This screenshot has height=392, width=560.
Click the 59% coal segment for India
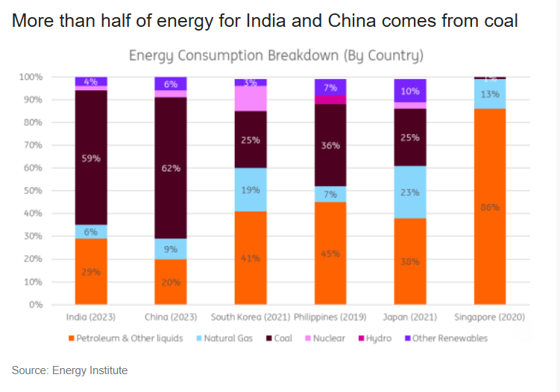pos(91,157)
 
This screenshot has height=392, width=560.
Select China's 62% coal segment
pos(170,168)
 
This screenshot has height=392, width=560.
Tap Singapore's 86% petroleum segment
pos(489,206)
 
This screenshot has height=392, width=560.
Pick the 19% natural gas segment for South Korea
pos(251,190)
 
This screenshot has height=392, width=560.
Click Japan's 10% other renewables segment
pos(410,90)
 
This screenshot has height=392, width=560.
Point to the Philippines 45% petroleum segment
pos(330,253)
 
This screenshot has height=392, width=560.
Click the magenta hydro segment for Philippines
pos(330,100)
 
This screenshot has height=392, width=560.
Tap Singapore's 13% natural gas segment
pos(489,94)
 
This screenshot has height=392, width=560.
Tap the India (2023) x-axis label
pos(91,317)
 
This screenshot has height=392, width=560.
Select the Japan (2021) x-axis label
pos(410,317)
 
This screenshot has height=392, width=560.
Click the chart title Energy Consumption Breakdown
pos(276,56)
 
